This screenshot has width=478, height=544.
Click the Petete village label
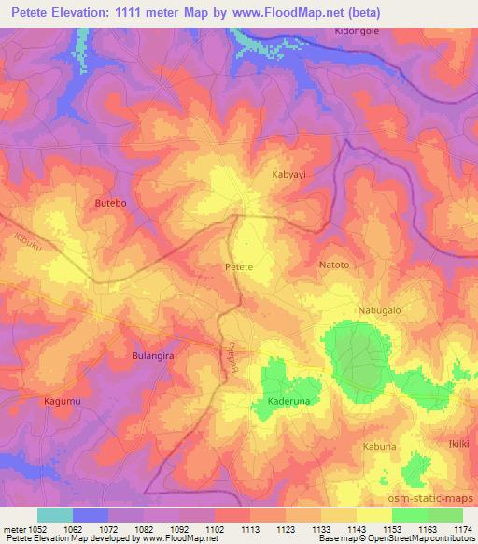(x=239, y=267)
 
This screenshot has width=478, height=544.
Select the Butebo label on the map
(x=111, y=202)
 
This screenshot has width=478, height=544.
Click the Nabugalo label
(x=379, y=309)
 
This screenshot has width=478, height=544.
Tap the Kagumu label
(x=63, y=401)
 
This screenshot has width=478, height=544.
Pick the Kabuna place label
(x=380, y=447)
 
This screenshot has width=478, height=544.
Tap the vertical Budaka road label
(x=225, y=359)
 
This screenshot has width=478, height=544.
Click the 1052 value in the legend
(x=36, y=528)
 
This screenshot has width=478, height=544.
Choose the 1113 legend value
(x=249, y=528)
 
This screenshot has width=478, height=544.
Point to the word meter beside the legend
(x=13, y=528)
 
